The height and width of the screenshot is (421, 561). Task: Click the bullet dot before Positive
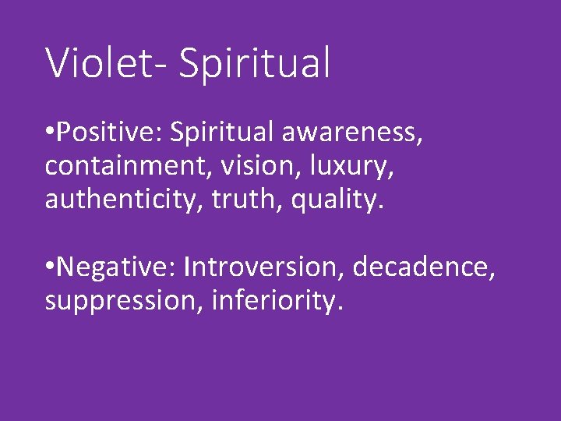pyautogui.click(x=50, y=133)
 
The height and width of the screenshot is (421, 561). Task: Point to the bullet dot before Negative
pyautogui.click(x=50, y=267)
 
